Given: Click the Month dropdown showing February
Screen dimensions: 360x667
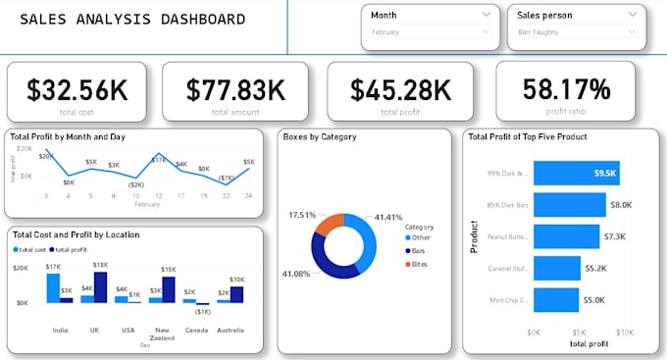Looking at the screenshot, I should (x=429, y=31).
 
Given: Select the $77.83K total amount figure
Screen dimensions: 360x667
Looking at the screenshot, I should (x=235, y=89).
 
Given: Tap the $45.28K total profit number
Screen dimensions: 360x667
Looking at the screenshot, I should (x=401, y=89).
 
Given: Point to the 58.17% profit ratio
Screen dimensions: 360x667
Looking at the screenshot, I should (x=566, y=89).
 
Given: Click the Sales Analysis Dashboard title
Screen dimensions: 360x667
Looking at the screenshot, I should (x=133, y=20).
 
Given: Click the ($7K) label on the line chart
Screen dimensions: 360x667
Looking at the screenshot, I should (x=225, y=178).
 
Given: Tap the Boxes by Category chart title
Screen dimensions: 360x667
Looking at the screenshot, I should (x=319, y=137).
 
